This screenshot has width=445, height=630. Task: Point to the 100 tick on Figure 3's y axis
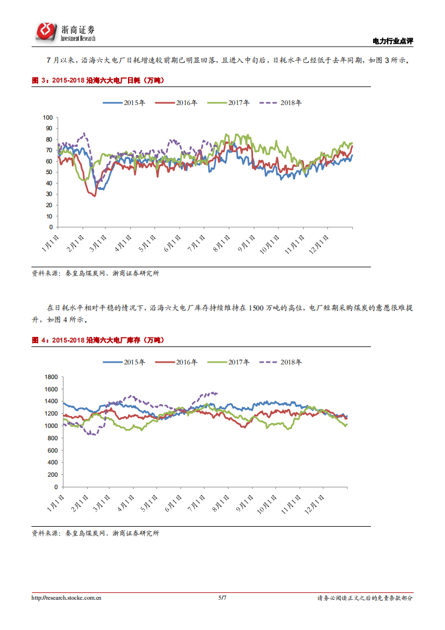pos(47,118)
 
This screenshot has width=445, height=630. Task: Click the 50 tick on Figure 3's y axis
pos(49,172)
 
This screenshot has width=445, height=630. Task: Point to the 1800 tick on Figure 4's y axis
pos(51,377)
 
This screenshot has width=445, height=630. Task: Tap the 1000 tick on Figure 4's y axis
pos(51,426)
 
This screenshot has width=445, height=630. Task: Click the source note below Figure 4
pos(95,533)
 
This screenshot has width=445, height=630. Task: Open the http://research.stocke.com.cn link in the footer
pos(66,599)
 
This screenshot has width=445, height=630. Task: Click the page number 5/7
pos(222,599)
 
